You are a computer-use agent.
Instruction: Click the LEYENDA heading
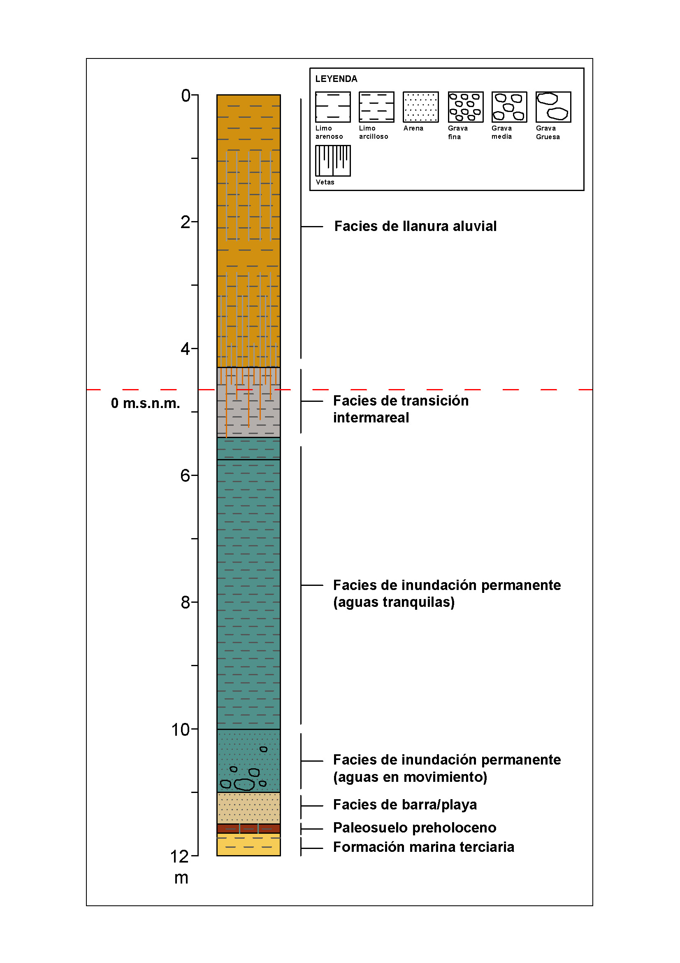point(336,79)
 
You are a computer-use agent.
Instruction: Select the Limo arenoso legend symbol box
point(333,107)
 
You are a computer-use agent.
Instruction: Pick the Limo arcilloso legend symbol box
point(376,107)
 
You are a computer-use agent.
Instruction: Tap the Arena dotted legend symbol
point(421,107)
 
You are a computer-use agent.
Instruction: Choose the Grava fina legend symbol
point(465,107)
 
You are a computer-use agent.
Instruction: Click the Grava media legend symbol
point(509,107)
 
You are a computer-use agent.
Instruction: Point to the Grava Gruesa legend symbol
point(553,107)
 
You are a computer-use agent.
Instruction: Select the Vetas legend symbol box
point(333,161)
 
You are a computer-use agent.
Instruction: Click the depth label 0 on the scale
point(186,96)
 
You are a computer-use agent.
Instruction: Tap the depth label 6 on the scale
point(185,476)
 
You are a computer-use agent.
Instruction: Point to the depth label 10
point(181,730)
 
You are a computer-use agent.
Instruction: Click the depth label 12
point(179,856)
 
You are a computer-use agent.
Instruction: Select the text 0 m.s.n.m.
point(145,403)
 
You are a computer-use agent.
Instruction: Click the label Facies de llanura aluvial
point(415,226)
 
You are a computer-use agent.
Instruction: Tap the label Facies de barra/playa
point(405,804)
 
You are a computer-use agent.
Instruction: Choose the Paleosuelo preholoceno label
point(414,828)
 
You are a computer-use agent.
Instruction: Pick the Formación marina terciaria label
point(423,847)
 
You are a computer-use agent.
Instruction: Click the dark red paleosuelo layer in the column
point(248,828)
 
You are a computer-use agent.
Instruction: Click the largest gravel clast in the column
point(244,784)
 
